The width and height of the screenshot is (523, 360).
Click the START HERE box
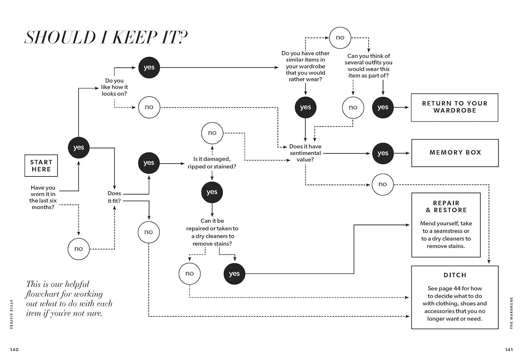(41, 166)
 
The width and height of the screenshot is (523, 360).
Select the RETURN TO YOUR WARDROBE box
(454, 107)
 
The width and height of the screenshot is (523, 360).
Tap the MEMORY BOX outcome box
(455, 153)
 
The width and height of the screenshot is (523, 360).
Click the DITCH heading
(455, 275)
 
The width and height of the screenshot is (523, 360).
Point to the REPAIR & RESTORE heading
(446, 207)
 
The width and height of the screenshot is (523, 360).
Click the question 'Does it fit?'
(114, 197)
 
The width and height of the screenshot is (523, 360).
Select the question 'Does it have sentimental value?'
(305, 153)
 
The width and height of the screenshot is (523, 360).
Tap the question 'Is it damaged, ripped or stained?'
(212, 163)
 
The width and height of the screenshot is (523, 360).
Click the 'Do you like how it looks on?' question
(114, 87)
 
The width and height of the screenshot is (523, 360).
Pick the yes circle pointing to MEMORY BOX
(383, 153)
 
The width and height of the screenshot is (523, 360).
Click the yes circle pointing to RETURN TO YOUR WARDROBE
(383, 107)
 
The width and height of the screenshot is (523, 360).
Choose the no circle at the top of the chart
(340, 38)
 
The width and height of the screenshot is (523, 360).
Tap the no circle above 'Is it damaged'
(212, 133)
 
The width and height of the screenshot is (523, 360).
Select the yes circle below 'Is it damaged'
(212, 192)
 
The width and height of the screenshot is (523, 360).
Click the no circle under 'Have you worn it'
(79, 249)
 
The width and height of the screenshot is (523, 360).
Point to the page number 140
(14, 350)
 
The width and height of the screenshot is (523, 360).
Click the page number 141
(509, 350)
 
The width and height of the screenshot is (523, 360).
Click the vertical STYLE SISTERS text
(11, 314)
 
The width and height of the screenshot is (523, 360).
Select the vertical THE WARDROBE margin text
(511, 313)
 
